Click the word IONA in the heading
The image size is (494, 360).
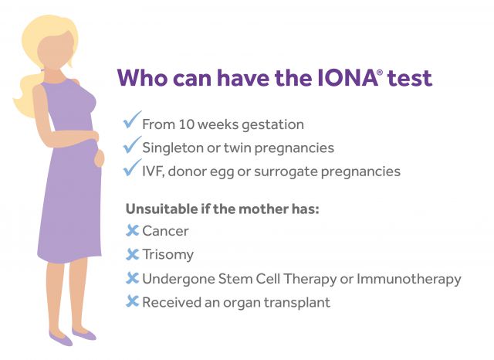[347, 78]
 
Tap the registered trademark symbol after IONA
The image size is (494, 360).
[380, 72]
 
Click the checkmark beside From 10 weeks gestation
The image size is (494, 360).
[132, 120]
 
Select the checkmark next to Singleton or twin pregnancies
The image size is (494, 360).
[132, 144]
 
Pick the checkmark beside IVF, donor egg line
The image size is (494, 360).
[132, 168]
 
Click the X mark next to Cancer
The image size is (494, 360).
[132, 230]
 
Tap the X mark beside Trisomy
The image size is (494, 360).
[132, 254]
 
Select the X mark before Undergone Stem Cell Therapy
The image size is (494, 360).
[132, 278]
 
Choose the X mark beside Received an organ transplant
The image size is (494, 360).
[132, 301]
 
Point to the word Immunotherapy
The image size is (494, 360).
[408, 280]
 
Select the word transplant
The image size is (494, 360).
[296, 303]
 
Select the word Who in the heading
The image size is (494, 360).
[142, 78]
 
